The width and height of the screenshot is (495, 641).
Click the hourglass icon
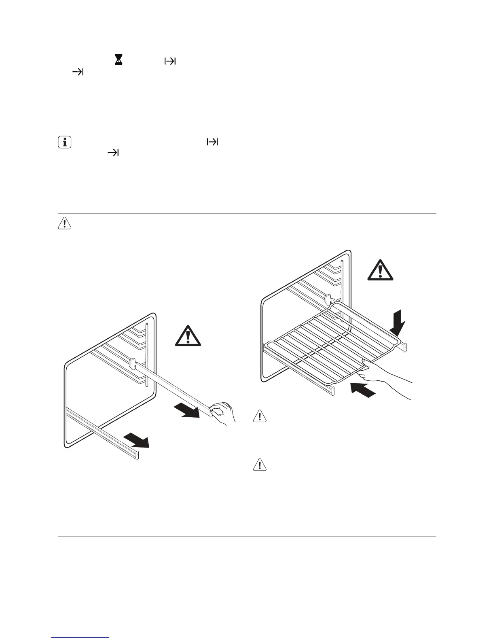118,61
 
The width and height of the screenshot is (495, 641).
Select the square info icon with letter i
64,142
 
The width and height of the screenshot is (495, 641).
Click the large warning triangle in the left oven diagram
188,335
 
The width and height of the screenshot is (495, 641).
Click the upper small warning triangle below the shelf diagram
259,416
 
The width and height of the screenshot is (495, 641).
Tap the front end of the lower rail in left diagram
136,455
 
